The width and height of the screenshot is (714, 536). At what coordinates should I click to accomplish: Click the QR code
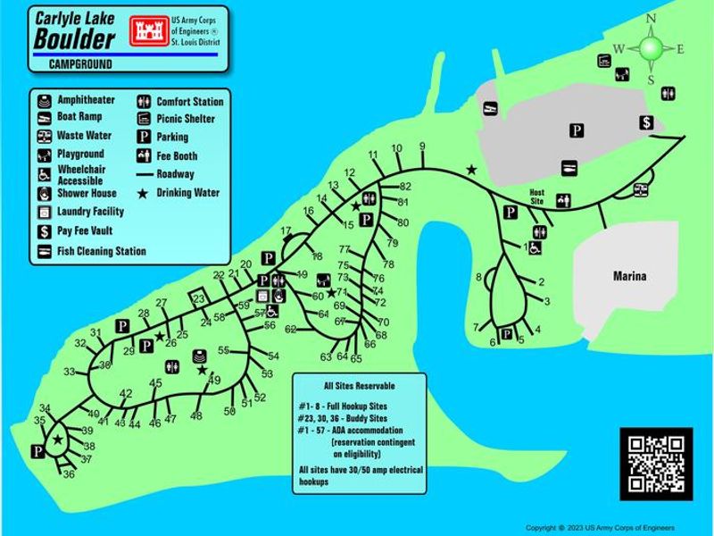656,461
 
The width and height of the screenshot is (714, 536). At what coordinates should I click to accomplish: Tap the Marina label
630,277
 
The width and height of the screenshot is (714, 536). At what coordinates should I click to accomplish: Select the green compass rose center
651,47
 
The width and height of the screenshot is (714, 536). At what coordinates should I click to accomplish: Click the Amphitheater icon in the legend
45,100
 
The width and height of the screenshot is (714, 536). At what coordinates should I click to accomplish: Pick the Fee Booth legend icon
143,155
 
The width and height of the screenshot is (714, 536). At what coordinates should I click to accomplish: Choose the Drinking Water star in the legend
143,193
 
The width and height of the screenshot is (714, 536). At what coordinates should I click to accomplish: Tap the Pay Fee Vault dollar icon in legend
45,231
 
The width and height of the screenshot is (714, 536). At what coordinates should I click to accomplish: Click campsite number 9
421,147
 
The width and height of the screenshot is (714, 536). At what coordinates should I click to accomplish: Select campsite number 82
405,186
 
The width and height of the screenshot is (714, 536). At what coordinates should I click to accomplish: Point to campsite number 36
69,474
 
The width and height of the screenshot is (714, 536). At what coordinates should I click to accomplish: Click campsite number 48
196,415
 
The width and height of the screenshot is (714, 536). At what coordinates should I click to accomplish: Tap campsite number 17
286,231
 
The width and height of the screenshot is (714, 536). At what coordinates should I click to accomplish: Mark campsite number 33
69,372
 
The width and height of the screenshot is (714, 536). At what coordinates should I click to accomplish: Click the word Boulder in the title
74,39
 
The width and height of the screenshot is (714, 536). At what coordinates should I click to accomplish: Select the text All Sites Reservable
361,385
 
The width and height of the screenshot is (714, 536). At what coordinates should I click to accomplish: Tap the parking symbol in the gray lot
577,131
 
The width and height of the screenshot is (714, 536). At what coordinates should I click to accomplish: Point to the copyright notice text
600,528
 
